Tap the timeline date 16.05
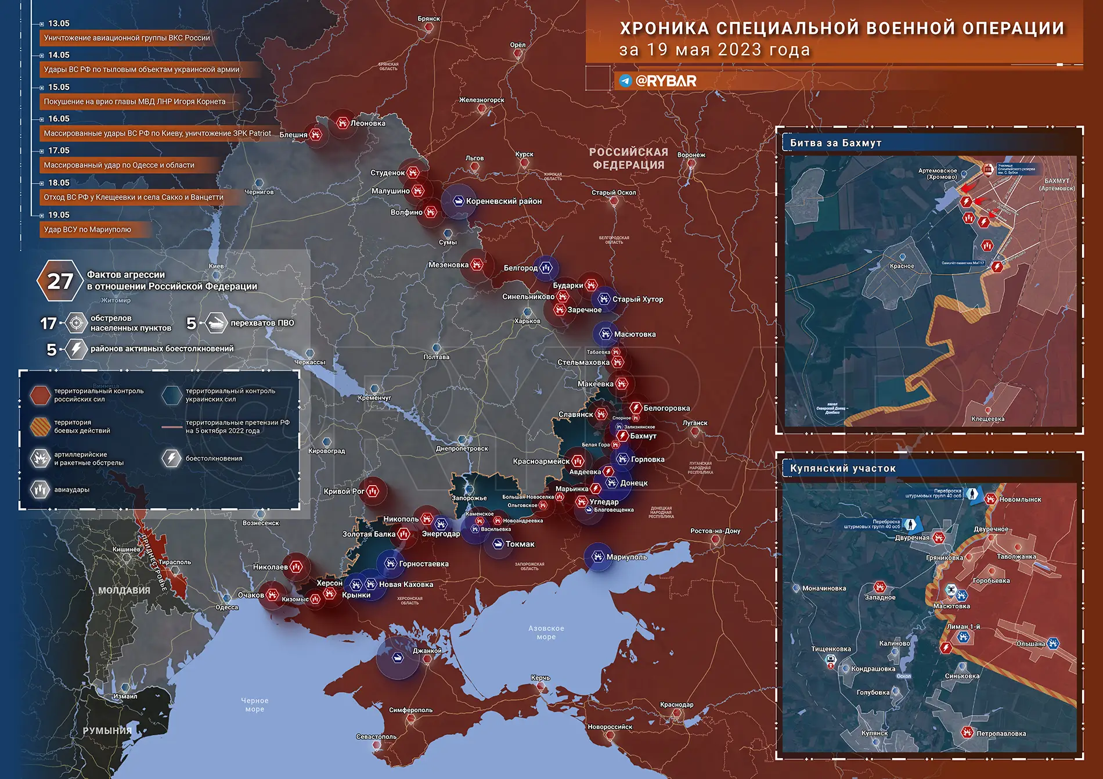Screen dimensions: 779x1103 tap(59, 119)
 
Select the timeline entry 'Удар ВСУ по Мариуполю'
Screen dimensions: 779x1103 tap(88, 229)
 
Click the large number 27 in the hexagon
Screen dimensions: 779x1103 tap(60, 281)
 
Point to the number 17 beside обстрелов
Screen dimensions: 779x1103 tap(48, 323)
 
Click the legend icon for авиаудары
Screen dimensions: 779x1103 tap(40, 490)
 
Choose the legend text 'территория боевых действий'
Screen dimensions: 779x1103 tap(82, 426)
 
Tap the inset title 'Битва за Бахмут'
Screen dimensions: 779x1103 tap(835, 143)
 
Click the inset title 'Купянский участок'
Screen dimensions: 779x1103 tap(842, 468)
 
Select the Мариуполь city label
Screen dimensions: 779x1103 tap(626, 557)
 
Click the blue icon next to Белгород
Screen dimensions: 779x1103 tap(546, 268)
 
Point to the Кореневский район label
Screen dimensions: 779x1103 tap(503, 201)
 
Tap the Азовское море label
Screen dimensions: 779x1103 tap(546, 632)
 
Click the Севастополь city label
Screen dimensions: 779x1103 tap(376, 737)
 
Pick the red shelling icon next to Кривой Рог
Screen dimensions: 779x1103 tap(373, 491)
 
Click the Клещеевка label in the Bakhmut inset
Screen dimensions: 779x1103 tap(987, 419)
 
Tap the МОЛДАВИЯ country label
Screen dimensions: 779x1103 tap(124, 590)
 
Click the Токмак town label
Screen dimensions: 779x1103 tap(520, 544)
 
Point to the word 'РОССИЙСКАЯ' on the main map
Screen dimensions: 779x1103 tap(628, 152)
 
